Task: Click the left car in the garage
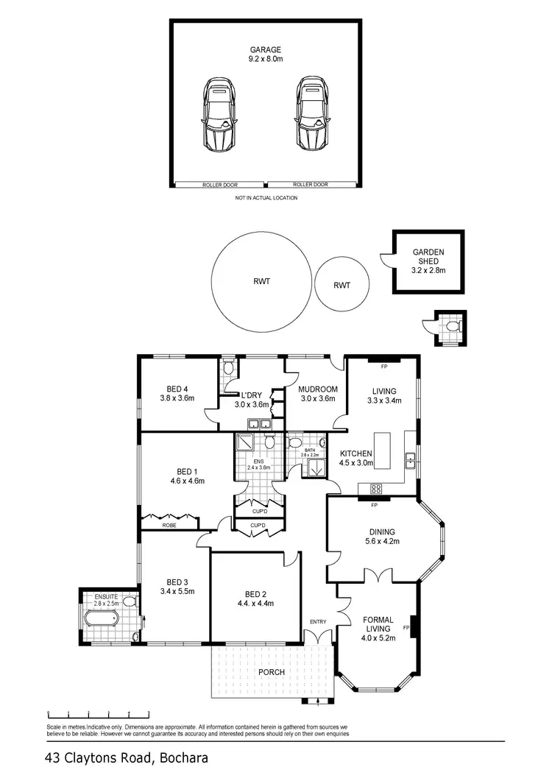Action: pos(219,116)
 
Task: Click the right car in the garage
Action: pos(314,116)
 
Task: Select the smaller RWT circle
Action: pos(342,285)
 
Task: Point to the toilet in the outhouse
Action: pos(451,325)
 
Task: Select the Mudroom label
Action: pos(318,389)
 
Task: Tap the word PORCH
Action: pos(271,672)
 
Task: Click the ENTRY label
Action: pos(318,622)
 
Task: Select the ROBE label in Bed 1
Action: pos(169,526)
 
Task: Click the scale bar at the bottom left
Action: pos(98,714)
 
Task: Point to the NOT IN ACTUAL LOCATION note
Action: pos(266,198)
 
